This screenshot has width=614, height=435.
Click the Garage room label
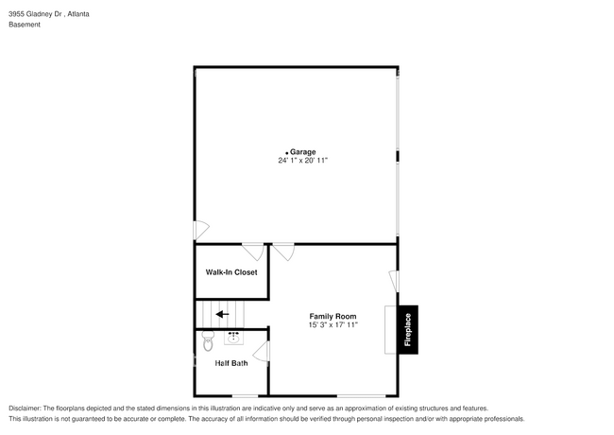coord(303,151)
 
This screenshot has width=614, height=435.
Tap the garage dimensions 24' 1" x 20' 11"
coord(302,161)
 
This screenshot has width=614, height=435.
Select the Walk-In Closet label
coord(231,272)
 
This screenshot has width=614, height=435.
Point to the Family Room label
coord(333,316)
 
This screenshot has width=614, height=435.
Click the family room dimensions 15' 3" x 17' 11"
coord(333,325)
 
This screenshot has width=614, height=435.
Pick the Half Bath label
coord(231,363)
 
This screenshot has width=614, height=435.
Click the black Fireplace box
coord(408,330)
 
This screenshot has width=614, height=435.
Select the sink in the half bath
coord(233,335)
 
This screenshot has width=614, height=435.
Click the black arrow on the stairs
coord(223,314)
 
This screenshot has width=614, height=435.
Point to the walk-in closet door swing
coord(253,251)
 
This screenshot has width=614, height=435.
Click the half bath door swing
coord(261,353)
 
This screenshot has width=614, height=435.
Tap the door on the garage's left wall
coord(201,230)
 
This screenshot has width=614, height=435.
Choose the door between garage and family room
coord(283,252)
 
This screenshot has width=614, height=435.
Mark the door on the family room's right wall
coord(394,281)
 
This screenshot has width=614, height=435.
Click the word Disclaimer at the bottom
coord(28,408)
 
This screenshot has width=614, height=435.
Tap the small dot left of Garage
coord(286,152)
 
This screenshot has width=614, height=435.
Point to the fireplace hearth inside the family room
coord(391,330)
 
